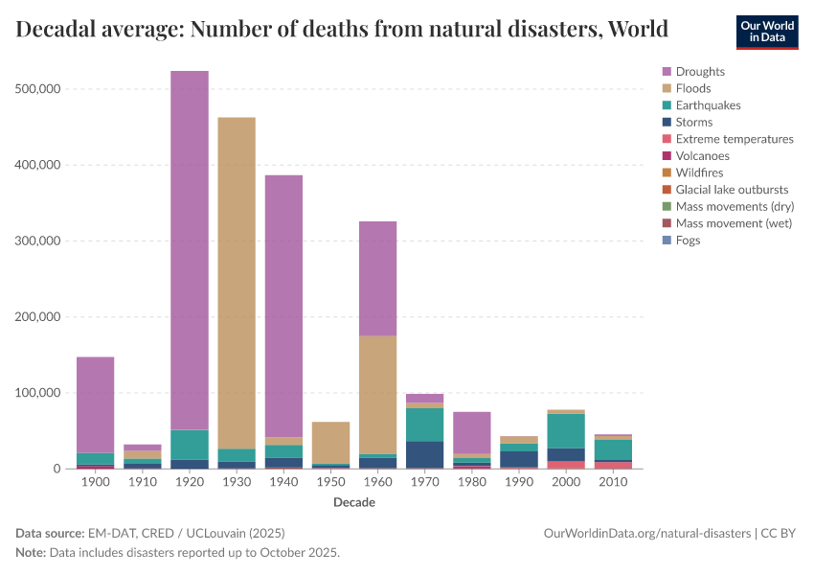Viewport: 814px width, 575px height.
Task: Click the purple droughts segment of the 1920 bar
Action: [x=190, y=249]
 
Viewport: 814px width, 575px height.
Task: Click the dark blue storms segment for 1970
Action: [x=424, y=454]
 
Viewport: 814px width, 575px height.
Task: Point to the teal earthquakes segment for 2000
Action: [x=565, y=430]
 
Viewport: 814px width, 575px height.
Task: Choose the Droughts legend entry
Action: [x=700, y=72]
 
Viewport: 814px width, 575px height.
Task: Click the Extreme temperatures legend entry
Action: [x=735, y=139]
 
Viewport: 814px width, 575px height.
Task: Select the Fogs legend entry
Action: [x=688, y=241]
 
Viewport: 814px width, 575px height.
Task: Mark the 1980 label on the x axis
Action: [x=471, y=483]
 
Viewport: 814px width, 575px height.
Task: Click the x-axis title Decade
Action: [x=354, y=502]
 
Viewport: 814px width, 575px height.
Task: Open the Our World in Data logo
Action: [x=766, y=31]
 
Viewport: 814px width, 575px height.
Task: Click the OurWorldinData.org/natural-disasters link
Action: [x=646, y=533]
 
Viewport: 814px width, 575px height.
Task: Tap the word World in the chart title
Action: [x=639, y=29]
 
